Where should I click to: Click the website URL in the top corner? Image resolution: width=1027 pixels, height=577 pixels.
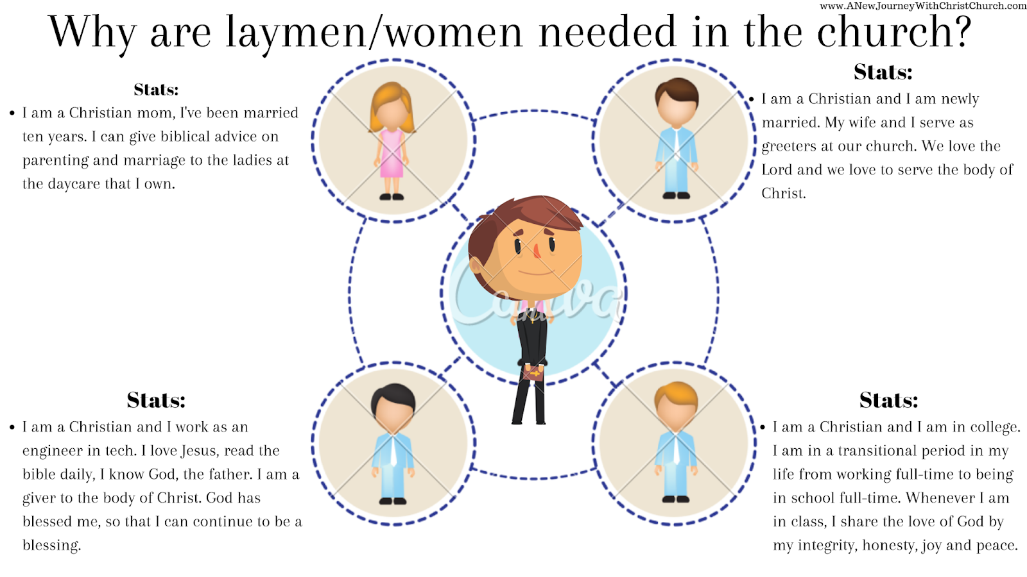click(x=923, y=6)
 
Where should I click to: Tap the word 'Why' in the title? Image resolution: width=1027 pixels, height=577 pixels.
click(x=92, y=32)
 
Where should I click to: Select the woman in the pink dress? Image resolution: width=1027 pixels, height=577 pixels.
click(x=392, y=141)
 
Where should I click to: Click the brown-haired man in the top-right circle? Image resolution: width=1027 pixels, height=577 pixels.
click(x=676, y=138)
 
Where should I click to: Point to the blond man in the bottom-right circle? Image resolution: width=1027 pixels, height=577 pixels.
click(x=676, y=442)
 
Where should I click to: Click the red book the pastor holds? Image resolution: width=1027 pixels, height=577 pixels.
click(x=533, y=372)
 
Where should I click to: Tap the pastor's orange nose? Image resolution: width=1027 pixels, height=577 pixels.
click(x=537, y=251)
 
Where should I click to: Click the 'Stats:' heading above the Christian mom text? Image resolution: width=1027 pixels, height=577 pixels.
click(x=156, y=90)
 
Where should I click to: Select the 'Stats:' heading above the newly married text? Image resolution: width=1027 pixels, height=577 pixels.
click(x=883, y=72)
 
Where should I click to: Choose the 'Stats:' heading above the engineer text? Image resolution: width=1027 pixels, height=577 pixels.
click(x=156, y=401)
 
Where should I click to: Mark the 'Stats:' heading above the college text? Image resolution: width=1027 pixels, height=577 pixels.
click(x=888, y=401)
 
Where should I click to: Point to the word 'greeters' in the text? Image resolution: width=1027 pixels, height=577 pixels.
click(x=790, y=147)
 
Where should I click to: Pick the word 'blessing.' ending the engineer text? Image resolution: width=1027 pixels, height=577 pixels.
click(x=52, y=546)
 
